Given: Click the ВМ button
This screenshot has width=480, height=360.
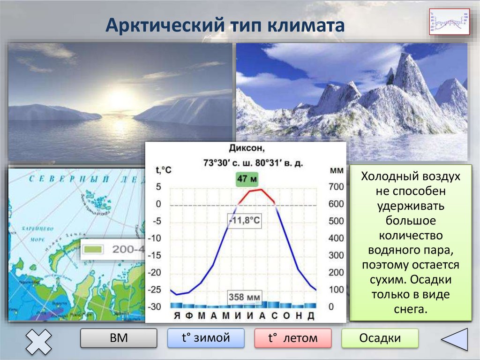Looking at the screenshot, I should coord(119,338).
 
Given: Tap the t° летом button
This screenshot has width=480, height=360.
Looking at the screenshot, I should coord(292,338).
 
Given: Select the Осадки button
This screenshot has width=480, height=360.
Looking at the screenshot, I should coord(380,338).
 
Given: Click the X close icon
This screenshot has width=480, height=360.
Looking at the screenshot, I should coord(38,341).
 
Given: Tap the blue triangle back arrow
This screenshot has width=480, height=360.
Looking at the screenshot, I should coord(456,339).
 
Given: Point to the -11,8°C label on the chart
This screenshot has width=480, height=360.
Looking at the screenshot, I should coord(244,221).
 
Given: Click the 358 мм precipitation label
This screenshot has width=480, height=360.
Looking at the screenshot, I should coord(244,297).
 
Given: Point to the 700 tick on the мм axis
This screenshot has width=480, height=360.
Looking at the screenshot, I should coord(336,187).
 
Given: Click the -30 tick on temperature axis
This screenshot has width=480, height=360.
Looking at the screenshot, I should coord(155,306).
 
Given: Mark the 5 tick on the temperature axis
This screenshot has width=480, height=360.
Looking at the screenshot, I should coord(158,187).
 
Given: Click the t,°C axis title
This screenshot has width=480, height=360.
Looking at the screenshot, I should coord(164,170).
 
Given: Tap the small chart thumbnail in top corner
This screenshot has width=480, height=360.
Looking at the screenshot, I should coord(449,22).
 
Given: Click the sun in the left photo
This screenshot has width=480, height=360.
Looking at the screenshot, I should coord(120,99).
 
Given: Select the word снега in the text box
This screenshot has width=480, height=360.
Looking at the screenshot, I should coord(411,309).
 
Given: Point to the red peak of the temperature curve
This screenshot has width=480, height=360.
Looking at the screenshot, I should coord(260,190).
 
